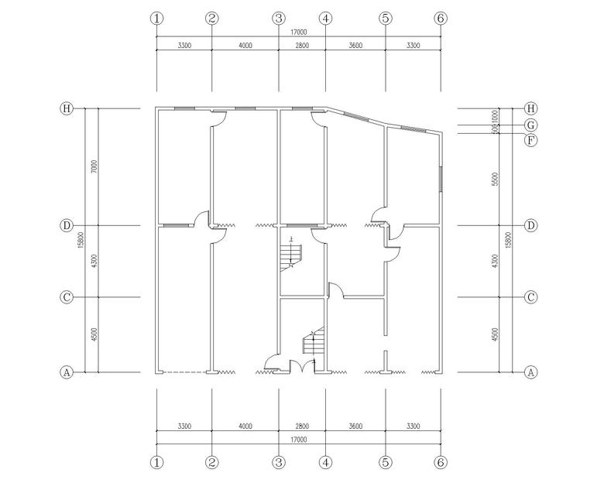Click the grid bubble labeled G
pyautogui.click(x=531, y=125)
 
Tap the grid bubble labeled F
pyautogui.click(x=531, y=140)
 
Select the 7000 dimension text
pyautogui.click(x=94, y=166)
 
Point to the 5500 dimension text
pyautogui.click(x=496, y=179)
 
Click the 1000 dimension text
pyautogui.click(x=496, y=117)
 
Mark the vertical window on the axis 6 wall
pyautogui.click(x=441, y=179)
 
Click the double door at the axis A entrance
pyautogui.click(x=302, y=366)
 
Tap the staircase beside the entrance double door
pyautogui.click(x=313, y=341)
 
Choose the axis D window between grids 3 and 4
pyautogui.click(x=302, y=225)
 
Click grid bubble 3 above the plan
pyautogui.click(x=279, y=18)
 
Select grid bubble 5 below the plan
pyautogui.click(x=386, y=462)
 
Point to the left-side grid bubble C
pyautogui.click(x=67, y=297)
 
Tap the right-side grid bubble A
pyautogui.click(x=531, y=372)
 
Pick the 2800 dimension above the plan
pyautogui.click(x=302, y=46)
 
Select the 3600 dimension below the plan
pyautogui.click(x=355, y=426)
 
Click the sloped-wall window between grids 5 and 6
pyautogui.click(x=414, y=129)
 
